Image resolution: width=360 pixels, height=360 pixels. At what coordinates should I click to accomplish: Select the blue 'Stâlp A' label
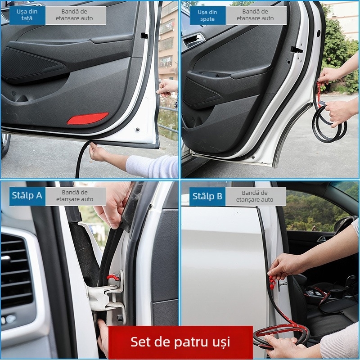27,196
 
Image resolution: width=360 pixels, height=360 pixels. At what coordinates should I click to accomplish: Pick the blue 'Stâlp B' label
207,196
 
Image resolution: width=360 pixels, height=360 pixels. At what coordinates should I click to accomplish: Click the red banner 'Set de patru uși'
180,342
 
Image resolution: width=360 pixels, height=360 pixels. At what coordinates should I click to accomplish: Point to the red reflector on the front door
88,118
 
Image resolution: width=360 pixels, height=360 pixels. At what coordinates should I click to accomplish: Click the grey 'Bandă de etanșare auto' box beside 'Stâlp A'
75,196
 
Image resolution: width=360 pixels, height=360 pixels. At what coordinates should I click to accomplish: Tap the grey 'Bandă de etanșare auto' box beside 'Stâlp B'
255,196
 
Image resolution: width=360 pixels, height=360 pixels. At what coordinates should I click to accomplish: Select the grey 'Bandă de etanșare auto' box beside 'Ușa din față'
75,15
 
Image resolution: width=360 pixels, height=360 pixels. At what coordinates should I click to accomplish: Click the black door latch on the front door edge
144,35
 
